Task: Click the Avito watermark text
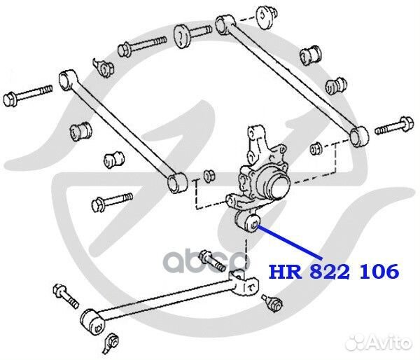[384, 342]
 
